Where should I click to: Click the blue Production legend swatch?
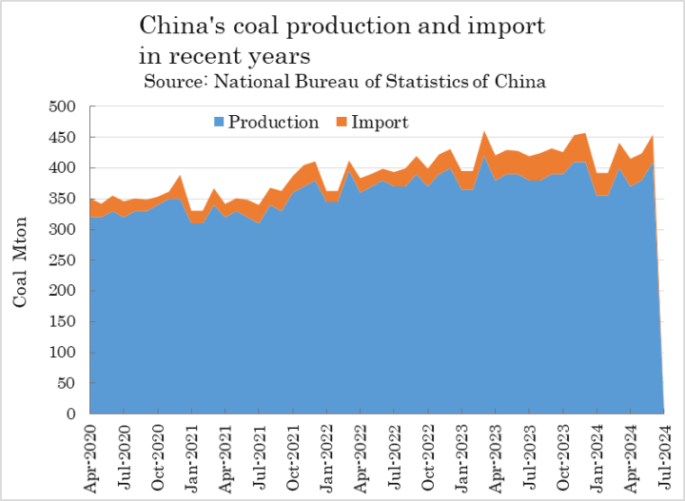point(219,123)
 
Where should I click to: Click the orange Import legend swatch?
point(342,123)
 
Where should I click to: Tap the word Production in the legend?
point(274,123)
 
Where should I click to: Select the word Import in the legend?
point(380,123)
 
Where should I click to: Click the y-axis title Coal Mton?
point(21,260)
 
